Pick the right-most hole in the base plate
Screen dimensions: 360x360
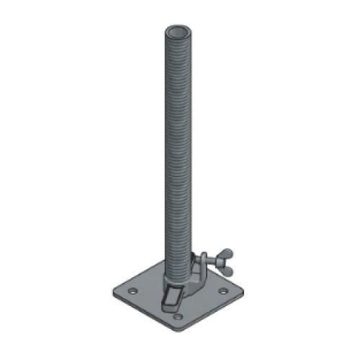[x=223, y=290]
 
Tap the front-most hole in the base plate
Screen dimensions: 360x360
[x=177, y=316]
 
